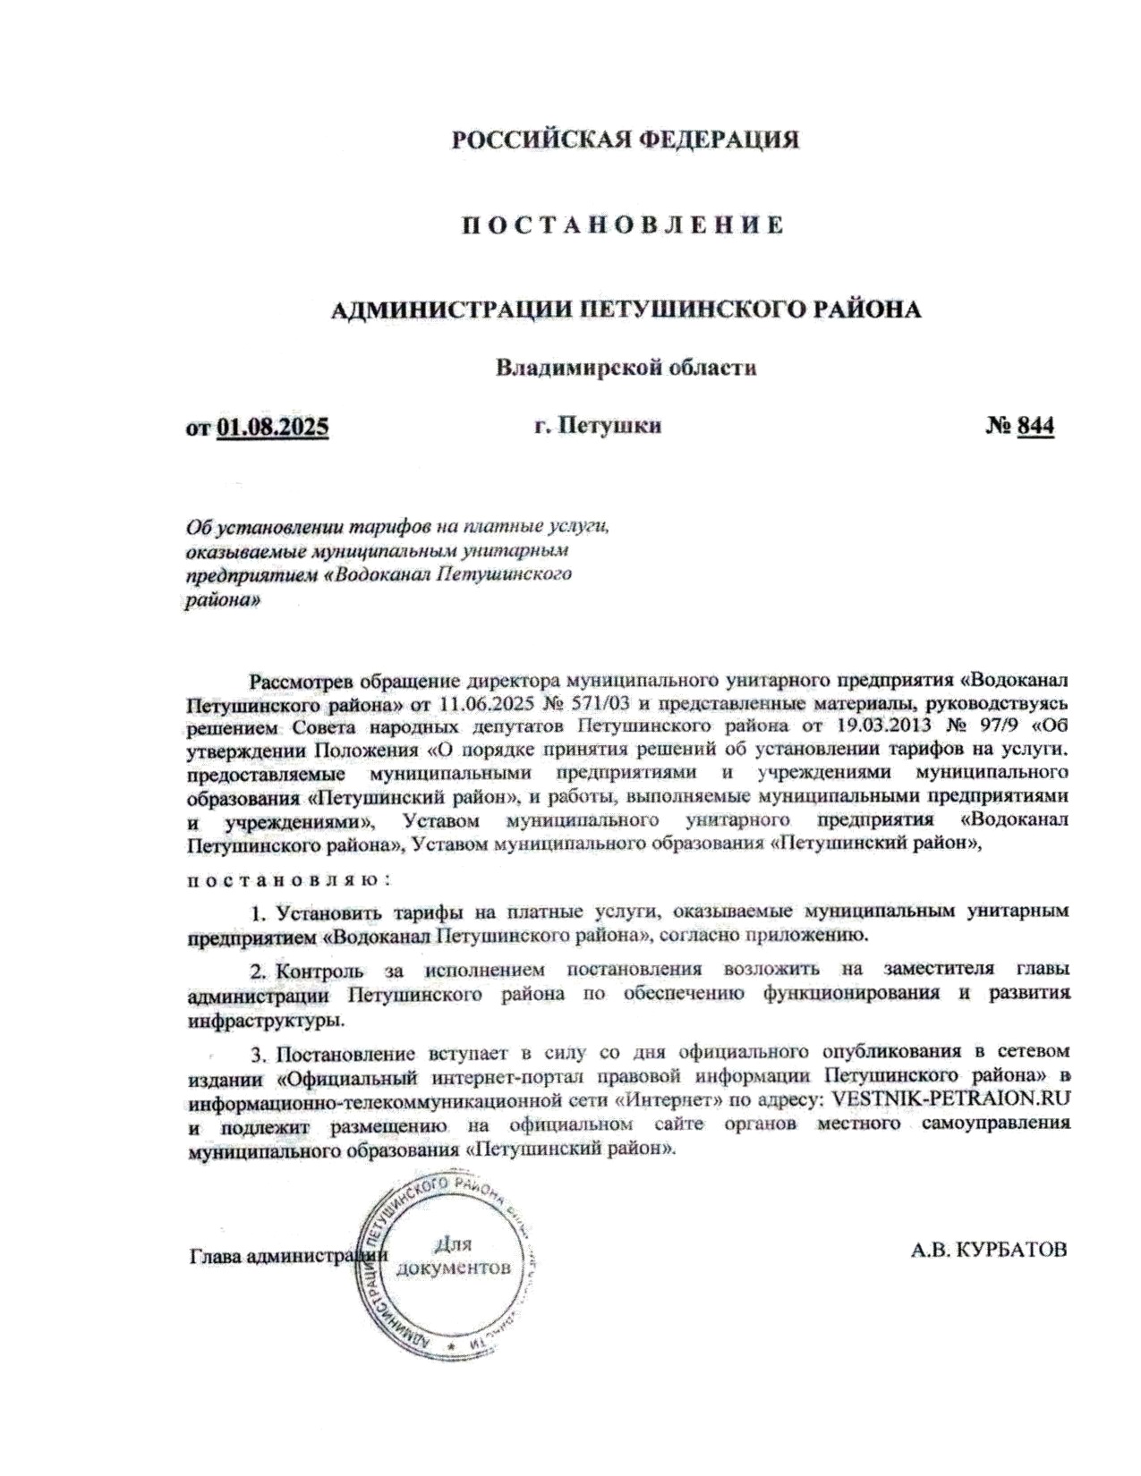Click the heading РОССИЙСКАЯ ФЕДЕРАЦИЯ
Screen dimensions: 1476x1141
click(625, 140)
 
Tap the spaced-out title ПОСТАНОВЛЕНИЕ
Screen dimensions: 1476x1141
click(624, 225)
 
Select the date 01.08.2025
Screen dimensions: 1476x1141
click(273, 427)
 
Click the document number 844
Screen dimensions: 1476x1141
click(1035, 426)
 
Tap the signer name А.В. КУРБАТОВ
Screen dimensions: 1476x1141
click(988, 1250)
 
